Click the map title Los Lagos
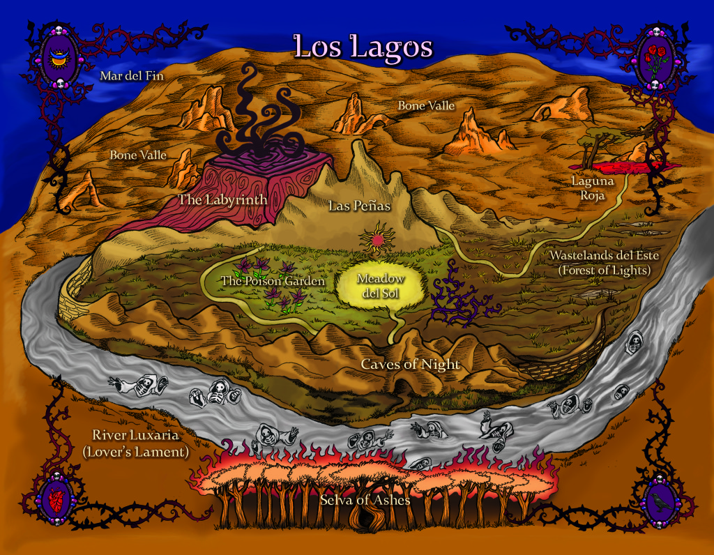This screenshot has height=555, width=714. click(363, 46)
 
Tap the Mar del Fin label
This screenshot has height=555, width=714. click(132, 75)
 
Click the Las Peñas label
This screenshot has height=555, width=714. click(359, 206)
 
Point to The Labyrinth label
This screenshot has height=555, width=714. click(222, 199)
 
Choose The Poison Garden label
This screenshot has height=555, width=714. click(273, 281)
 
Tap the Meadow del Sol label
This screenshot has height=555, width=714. click(380, 284)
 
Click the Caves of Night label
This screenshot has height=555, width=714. click(411, 364)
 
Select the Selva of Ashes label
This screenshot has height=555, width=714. click(365, 500)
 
